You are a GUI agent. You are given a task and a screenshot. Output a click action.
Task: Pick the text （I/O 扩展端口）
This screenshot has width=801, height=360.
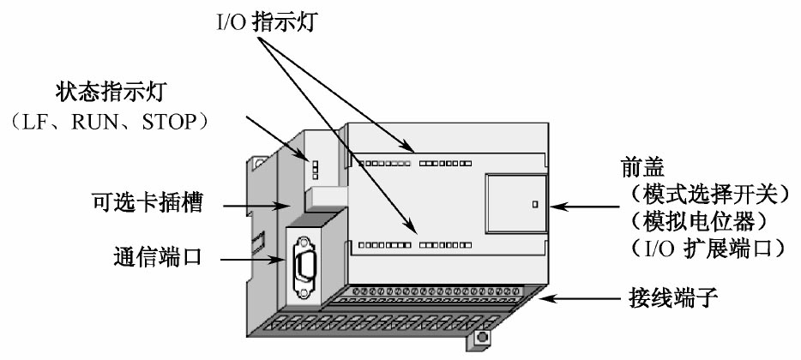click(x=702, y=249)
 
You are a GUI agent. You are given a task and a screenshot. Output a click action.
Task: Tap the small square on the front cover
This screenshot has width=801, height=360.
click(x=533, y=205)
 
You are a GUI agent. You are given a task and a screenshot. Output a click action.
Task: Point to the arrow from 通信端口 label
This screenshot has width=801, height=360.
click(x=244, y=256)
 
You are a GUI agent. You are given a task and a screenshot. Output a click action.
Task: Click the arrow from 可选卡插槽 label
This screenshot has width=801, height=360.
click(x=256, y=205)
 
